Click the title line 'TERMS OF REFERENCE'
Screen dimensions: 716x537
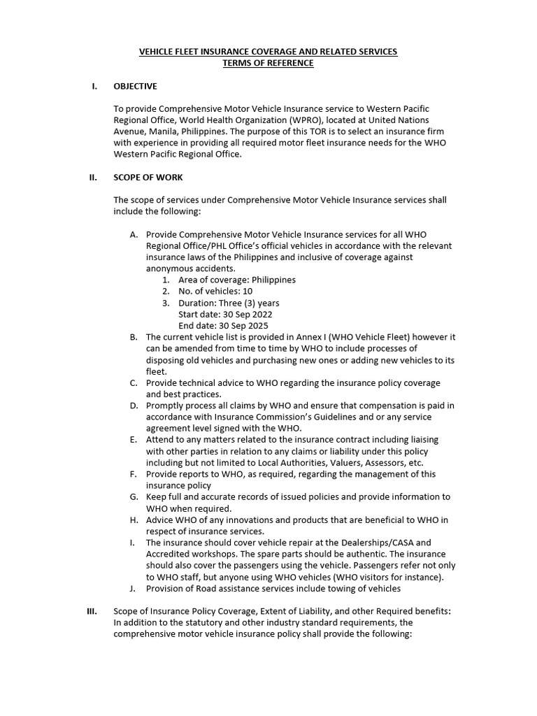[x=268, y=64]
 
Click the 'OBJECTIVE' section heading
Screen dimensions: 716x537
[x=135, y=87]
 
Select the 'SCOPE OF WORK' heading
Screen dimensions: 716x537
[x=148, y=178]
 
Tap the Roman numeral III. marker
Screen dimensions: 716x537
[x=92, y=610]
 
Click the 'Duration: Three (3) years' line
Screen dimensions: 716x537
[x=229, y=303]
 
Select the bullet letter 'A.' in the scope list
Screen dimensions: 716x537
[x=134, y=234]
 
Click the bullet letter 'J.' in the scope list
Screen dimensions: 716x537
[x=135, y=588]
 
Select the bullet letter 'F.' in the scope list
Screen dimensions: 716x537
[x=134, y=474]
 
